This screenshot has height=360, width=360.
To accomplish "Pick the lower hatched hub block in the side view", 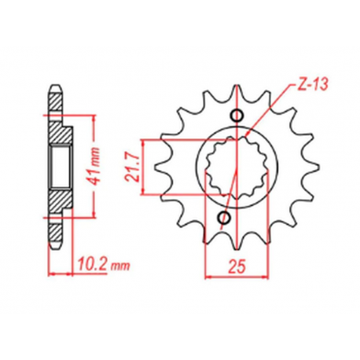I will (57, 203).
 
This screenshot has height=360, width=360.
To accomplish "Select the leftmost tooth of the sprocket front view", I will (155, 167).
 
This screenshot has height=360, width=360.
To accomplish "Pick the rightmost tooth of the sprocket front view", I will (310, 167).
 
